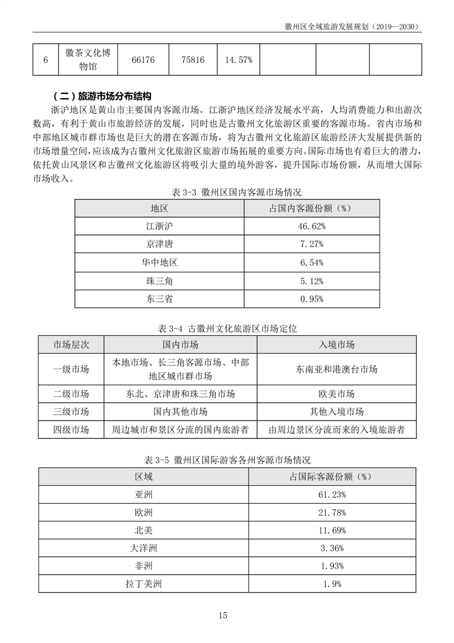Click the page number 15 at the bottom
223,615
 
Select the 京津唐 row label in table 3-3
159,245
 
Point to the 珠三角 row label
159,281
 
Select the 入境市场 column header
336,344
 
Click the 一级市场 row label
71,370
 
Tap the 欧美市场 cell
336,394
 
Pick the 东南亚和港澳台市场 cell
336,370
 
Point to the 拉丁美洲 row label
144,584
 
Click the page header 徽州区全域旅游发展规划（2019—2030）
353,26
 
